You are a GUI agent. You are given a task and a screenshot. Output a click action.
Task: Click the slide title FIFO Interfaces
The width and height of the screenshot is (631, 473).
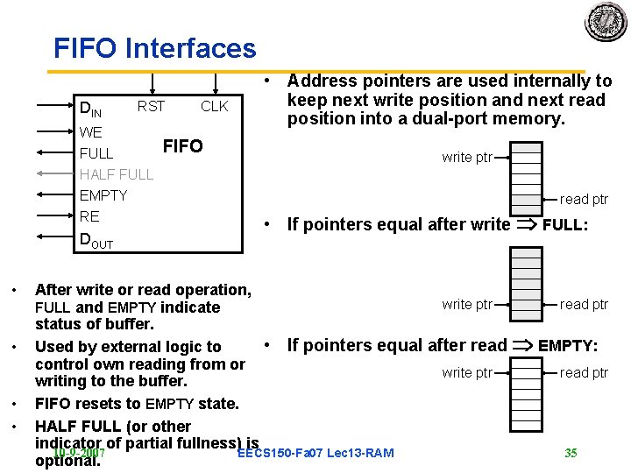tap(154, 48)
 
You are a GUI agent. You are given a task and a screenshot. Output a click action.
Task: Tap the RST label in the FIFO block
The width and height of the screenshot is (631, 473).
tap(151, 107)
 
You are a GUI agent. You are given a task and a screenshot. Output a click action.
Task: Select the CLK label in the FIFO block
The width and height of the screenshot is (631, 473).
tap(214, 107)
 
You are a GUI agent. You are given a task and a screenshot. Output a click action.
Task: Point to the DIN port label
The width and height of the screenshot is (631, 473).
tap(90, 110)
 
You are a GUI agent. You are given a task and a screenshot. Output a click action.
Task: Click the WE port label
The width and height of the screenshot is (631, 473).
tap(90, 132)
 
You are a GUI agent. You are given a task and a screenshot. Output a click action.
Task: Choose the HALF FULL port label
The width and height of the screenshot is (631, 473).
tap(116, 174)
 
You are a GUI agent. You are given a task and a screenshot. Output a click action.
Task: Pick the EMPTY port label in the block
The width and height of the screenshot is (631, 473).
tap(103, 195)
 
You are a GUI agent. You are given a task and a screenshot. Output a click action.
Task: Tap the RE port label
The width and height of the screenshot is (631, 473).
tap(89, 216)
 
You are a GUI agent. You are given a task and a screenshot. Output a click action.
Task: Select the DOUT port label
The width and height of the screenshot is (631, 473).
tap(96, 240)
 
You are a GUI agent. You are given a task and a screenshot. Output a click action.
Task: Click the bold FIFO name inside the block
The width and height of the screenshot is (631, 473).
tap(183, 145)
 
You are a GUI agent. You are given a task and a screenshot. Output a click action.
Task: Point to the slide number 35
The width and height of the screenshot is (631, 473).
tap(571, 453)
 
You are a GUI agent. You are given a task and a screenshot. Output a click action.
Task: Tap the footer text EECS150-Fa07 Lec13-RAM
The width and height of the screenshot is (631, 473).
tap(315, 453)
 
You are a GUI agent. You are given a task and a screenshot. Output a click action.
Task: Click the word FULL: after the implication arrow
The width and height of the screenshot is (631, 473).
tap(565, 224)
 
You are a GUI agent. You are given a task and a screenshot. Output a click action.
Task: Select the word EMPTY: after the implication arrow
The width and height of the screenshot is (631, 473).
tap(568, 346)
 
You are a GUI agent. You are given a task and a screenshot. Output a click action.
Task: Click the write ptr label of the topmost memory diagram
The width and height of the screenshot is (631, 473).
tap(467, 158)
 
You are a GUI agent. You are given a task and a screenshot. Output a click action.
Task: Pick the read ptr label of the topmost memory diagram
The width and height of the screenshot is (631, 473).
tap(584, 200)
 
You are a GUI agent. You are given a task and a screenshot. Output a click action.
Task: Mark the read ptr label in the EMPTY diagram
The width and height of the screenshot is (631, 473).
tap(584, 373)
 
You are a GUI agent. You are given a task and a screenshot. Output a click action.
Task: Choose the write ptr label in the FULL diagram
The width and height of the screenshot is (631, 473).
tap(467, 305)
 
